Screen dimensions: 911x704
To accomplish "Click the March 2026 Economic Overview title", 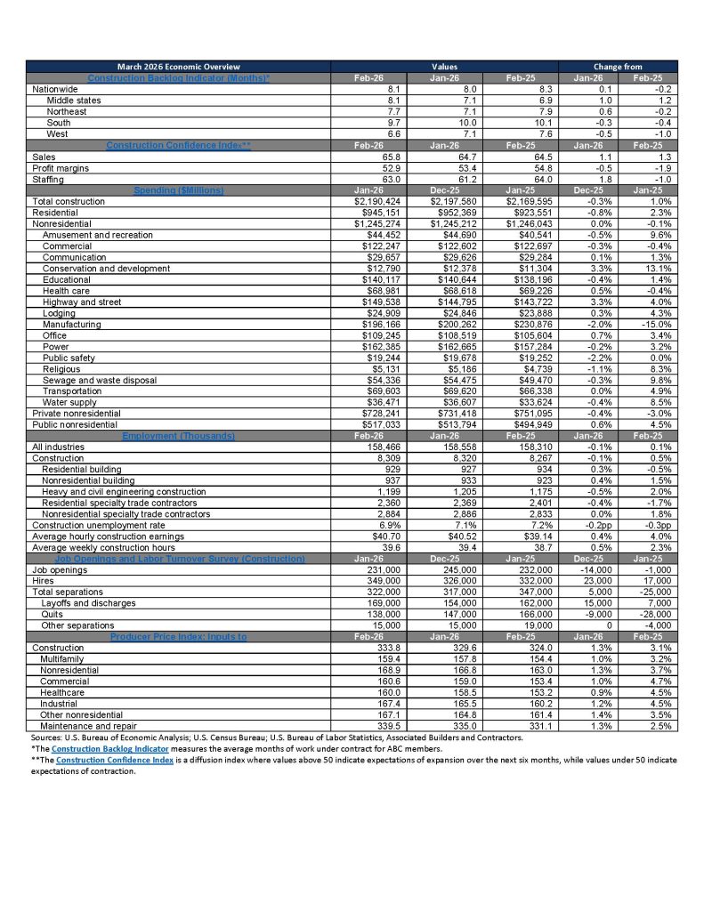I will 179,66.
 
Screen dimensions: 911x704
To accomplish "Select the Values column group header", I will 443,66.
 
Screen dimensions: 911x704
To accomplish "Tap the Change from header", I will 617,66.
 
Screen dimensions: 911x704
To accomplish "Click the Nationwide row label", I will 55,90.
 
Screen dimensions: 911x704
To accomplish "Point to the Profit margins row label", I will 62,168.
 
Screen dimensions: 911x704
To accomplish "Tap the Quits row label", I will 54,615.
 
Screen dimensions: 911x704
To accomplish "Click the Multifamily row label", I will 65,659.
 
